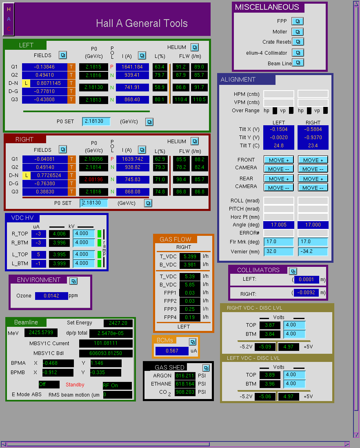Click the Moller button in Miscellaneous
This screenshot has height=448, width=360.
[298, 32]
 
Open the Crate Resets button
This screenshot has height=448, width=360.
[298, 42]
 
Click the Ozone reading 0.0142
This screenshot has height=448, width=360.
[51, 296]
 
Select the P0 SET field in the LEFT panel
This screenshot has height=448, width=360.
[96, 122]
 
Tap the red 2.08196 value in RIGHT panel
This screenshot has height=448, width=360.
[94, 180]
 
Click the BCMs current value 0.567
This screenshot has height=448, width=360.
[172, 351]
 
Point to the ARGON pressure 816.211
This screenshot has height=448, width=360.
[185, 376]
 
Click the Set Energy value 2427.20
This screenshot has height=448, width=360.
[118, 323]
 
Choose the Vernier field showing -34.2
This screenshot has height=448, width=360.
[313, 251]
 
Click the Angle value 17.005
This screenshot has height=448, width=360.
[278, 225]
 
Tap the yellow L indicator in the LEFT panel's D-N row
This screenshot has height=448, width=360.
[26, 83]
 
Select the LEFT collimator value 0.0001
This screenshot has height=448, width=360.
[306, 279]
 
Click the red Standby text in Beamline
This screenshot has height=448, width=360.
[75, 385]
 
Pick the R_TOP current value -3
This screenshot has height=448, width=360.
[38, 234]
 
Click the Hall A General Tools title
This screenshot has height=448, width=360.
[142, 23]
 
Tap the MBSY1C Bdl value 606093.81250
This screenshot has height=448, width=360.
[106, 353]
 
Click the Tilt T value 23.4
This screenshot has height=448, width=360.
[313, 146]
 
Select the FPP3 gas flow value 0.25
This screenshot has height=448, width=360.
[190, 309]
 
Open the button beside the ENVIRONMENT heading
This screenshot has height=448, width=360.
[73, 281]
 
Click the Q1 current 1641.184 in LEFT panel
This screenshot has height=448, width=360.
[132, 67]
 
